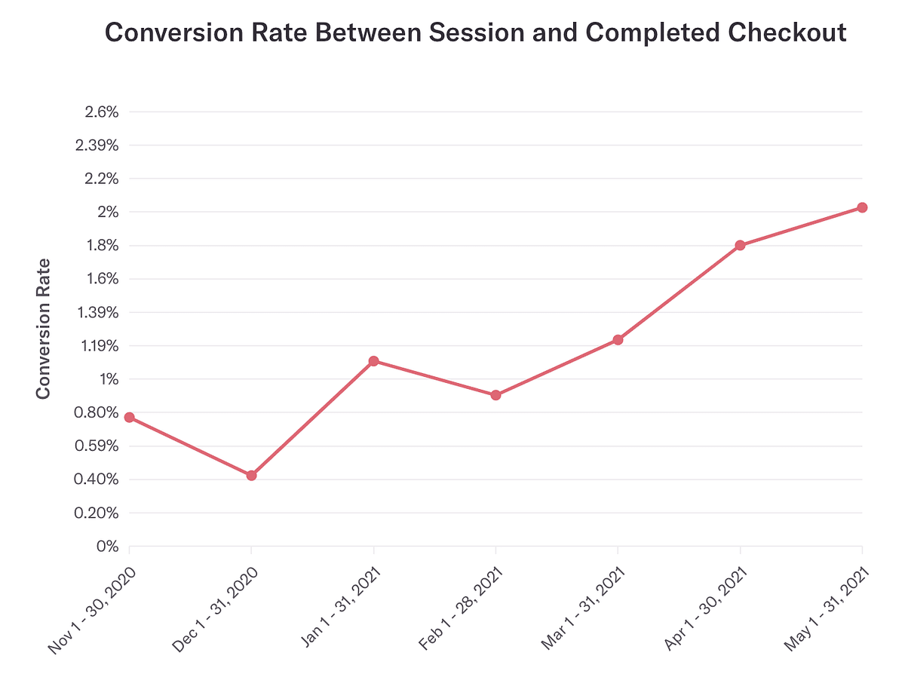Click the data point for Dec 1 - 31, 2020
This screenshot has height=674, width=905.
click(251, 476)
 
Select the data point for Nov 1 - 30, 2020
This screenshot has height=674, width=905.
click(129, 418)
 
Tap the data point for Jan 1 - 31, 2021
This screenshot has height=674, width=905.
click(373, 361)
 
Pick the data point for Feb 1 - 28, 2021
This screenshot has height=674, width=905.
click(495, 395)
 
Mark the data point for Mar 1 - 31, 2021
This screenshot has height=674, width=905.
click(618, 340)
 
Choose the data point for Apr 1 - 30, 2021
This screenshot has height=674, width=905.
click(740, 245)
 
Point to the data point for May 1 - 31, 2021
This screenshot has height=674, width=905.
click(862, 207)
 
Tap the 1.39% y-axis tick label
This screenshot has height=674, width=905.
click(97, 312)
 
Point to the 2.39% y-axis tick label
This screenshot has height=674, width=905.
click(97, 146)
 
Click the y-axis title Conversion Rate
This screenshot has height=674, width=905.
click(43, 329)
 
